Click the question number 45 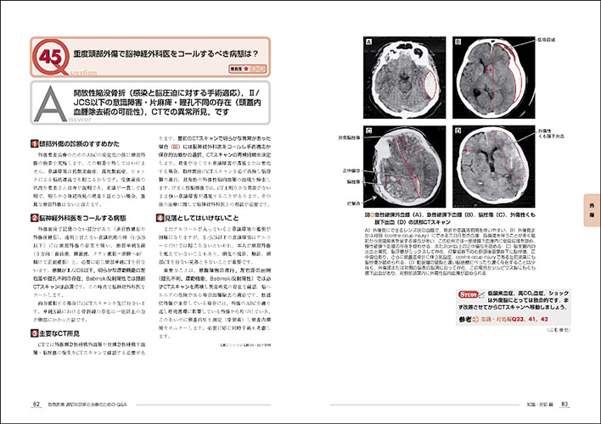tap(48, 58)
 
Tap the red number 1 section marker tap(33, 146)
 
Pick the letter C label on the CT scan tap(369, 131)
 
